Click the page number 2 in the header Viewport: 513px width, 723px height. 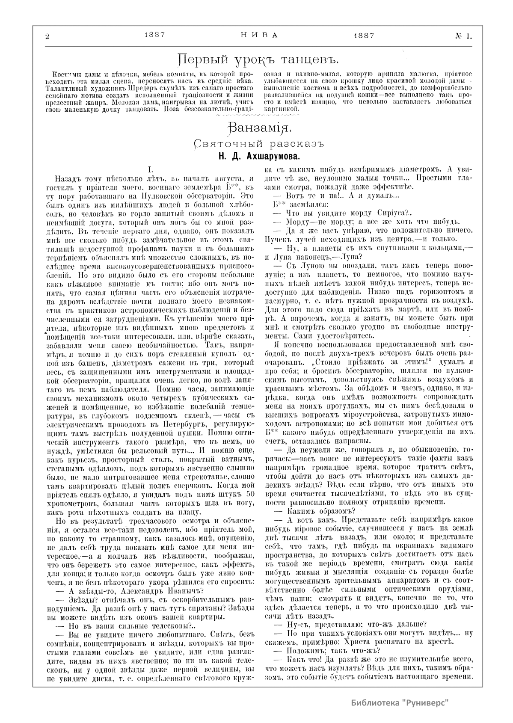(x=47, y=37)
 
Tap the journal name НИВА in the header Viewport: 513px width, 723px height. (x=256, y=36)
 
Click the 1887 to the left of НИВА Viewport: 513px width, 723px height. (x=155, y=36)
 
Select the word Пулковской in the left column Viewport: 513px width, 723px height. (x=167, y=196)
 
